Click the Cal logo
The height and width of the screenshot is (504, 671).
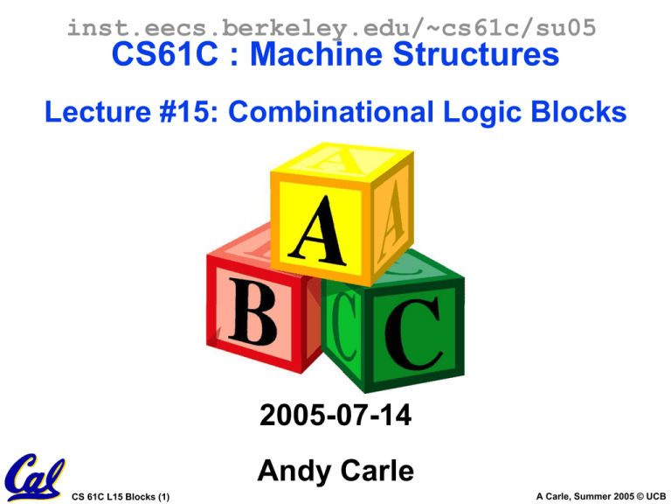coord(35,478)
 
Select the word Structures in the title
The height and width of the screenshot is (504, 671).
coord(476,54)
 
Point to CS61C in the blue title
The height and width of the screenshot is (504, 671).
coord(165,54)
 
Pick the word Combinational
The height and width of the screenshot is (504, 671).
coord(331,111)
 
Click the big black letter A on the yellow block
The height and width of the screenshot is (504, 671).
coord(316,231)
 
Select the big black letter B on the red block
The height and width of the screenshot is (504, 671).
coord(252,311)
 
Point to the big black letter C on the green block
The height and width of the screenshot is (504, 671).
coord(413,333)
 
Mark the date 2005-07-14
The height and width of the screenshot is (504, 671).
coord(335,415)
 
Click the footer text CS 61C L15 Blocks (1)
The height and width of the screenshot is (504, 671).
coord(121,497)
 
